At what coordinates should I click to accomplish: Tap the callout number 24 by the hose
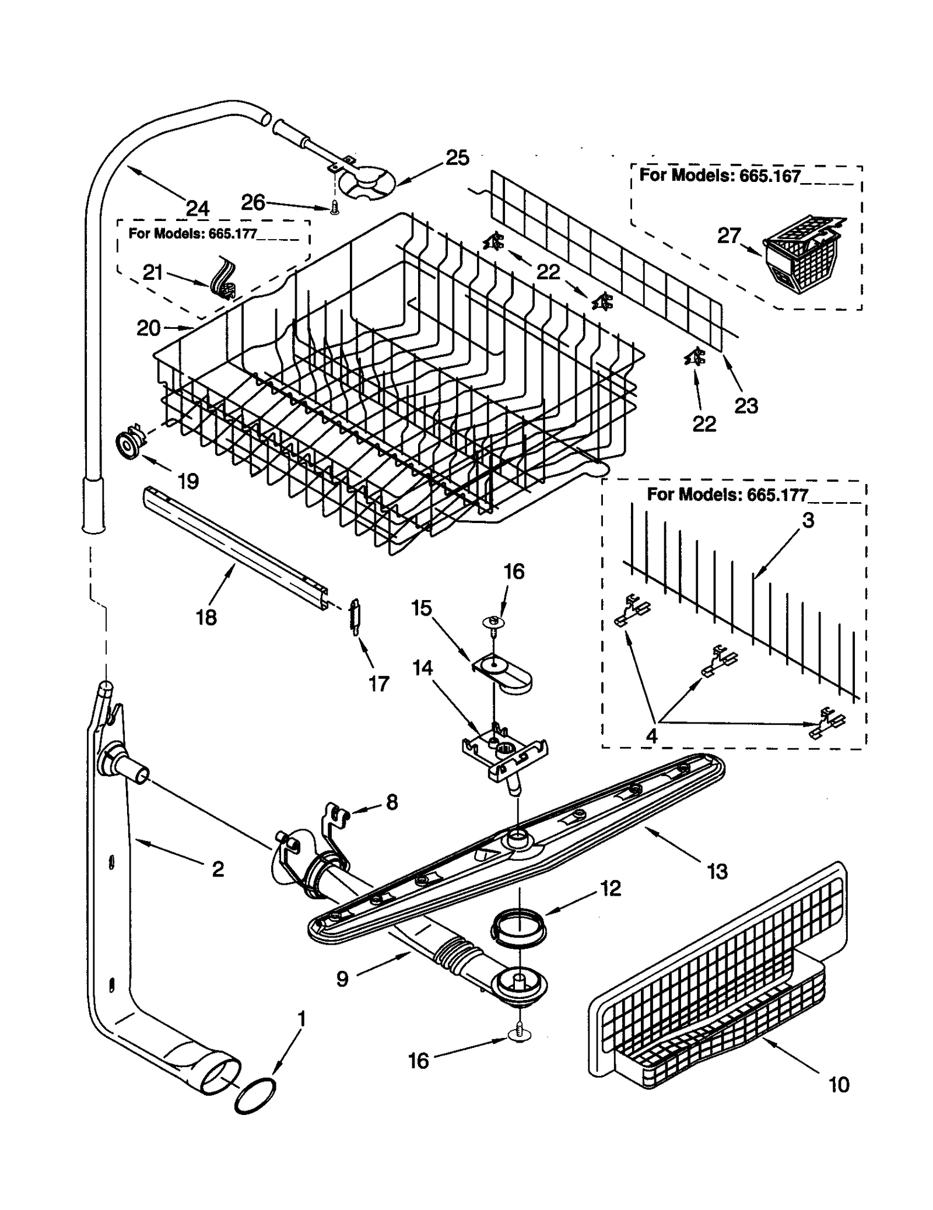(198, 208)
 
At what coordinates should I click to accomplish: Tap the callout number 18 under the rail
(206, 617)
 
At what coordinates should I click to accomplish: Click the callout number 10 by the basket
(839, 1084)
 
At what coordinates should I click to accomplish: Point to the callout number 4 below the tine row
(651, 736)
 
